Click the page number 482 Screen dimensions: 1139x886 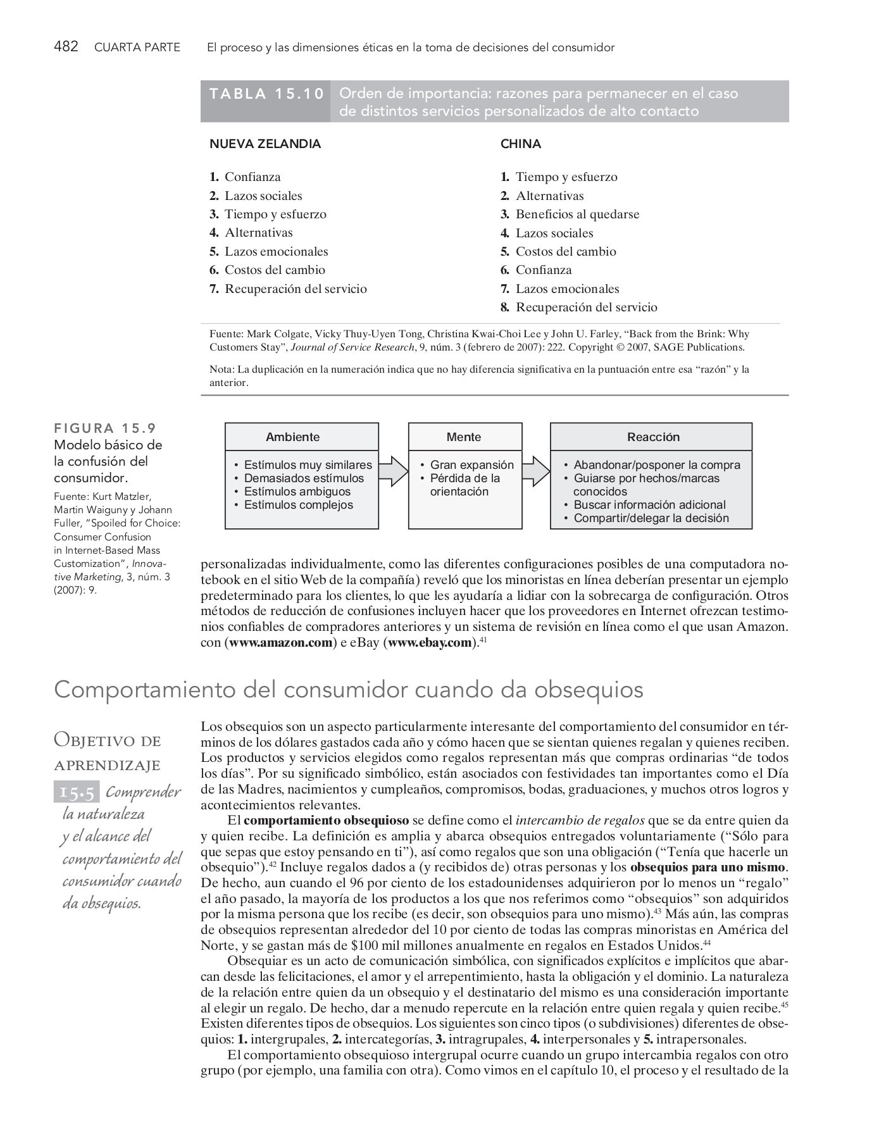tap(66, 47)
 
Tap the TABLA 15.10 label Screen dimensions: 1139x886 tap(266, 94)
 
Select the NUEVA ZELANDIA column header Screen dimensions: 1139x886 tap(265, 144)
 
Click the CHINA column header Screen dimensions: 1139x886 tap(521, 144)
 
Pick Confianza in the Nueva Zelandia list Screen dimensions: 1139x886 tap(253, 177)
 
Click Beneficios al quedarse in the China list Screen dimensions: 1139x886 tap(577, 215)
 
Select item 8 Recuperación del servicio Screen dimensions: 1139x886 tap(586, 308)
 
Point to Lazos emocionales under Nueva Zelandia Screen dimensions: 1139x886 tap(277, 252)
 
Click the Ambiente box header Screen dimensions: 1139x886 tap(292, 437)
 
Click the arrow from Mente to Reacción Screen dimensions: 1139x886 tap(537, 471)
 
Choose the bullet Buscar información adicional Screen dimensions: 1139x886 tap(649, 505)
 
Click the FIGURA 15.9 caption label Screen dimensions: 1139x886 tap(104, 428)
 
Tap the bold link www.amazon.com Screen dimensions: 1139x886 tap(280, 643)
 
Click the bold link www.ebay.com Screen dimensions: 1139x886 tap(430, 643)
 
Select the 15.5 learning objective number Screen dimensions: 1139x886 tap(77, 792)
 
